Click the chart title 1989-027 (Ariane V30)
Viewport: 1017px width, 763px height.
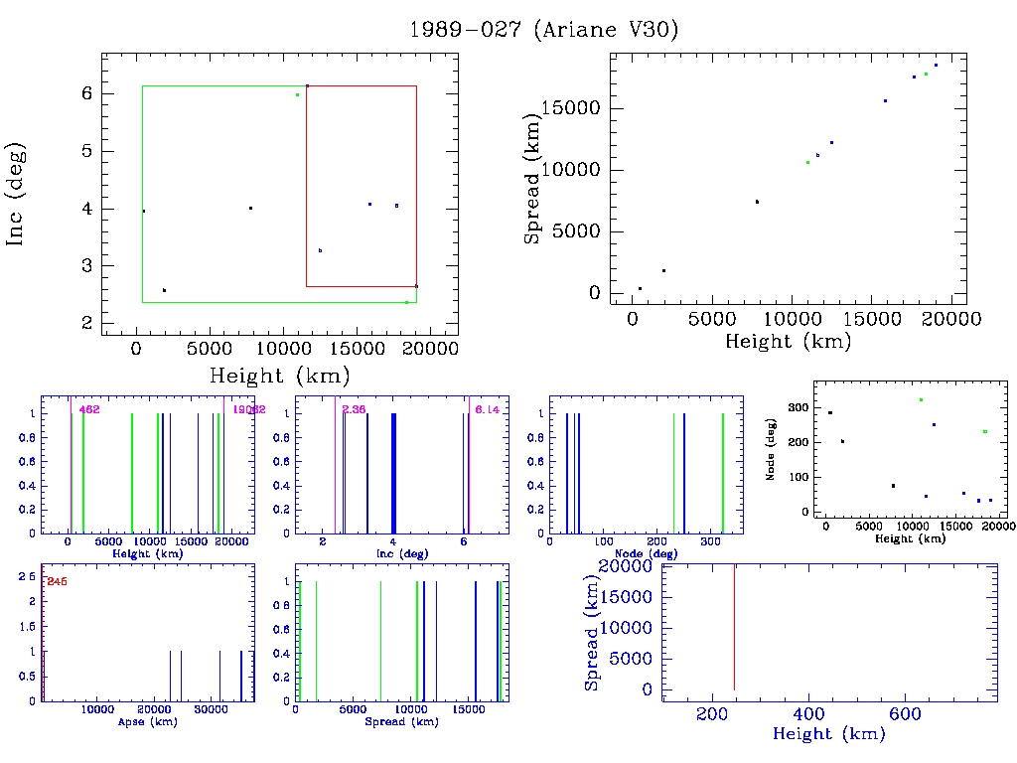544,30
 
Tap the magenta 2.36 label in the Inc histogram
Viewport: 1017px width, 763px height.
353,409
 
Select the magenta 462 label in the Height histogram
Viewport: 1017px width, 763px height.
90,409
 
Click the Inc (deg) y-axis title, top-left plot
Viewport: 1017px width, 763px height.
16,194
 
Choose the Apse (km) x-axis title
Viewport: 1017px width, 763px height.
147,721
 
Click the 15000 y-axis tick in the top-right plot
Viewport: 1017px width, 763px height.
574,108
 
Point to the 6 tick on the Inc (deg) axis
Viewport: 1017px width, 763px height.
85,93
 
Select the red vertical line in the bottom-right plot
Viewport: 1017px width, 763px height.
734,626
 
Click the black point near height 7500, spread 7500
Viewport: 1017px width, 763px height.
757,202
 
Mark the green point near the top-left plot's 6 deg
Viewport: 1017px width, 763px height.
297,94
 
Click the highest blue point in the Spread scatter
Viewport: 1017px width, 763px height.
936,66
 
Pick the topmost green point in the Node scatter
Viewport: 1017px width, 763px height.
921,399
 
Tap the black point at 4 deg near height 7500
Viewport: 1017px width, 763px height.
250,208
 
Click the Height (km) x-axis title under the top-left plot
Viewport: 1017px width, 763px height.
279,376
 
